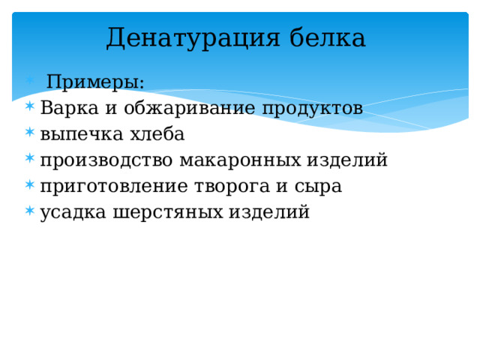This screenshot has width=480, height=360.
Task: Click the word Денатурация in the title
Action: (193, 38)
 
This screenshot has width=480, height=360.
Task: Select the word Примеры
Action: (95, 82)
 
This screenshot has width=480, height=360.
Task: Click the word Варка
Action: (70, 108)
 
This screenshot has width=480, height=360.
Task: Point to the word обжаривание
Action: (190, 108)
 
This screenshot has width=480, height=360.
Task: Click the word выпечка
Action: (82, 135)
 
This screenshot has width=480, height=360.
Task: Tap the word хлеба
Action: (157, 133)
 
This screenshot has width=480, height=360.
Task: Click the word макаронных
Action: (240, 160)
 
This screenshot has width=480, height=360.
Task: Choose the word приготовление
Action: (114, 187)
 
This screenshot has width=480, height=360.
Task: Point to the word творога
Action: (232, 187)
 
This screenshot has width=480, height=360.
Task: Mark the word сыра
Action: (318, 187)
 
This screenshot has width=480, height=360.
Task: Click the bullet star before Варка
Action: (30, 106)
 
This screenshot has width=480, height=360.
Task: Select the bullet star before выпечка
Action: (30, 132)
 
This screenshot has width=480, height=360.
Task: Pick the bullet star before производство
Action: (30, 158)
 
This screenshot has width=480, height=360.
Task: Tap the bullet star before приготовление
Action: (30, 184)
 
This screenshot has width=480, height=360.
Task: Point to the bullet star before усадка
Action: (30, 211)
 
